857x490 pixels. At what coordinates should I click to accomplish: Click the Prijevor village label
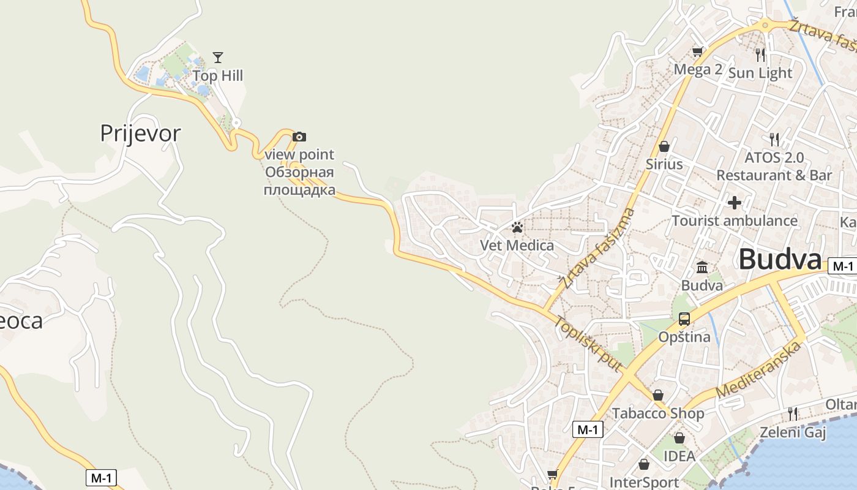coord(140,133)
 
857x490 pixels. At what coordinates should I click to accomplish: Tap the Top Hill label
coord(218,76)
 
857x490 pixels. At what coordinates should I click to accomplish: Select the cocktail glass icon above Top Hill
coord(218,58)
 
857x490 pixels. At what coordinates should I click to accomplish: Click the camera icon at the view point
coord(299,137)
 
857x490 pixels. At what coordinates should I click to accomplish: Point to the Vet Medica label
coord(517,246)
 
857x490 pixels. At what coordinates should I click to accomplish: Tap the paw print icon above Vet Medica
coord(517,228)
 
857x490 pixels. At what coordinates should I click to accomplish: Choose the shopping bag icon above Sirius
coord(664,146)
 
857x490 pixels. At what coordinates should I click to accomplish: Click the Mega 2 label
coord(698,69)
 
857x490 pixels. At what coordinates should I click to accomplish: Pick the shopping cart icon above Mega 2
coord(697,52)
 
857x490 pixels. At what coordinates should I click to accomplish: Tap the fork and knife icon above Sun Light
coord(760,55)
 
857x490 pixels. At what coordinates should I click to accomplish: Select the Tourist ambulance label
coord(735,221)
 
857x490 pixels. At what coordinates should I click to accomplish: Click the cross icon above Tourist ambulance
coord(735,203)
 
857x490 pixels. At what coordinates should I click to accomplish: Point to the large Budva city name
coord(780,259)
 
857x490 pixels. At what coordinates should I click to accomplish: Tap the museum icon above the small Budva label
coord(702,268)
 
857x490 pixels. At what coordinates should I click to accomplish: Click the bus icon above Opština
coord(684,319)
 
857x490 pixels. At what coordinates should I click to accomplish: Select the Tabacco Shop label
coord(658,413)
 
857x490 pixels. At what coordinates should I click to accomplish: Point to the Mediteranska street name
coord(758,369)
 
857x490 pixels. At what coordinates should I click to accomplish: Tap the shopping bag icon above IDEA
coord(679,438)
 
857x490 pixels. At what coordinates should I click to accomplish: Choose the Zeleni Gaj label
coord(793,432)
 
